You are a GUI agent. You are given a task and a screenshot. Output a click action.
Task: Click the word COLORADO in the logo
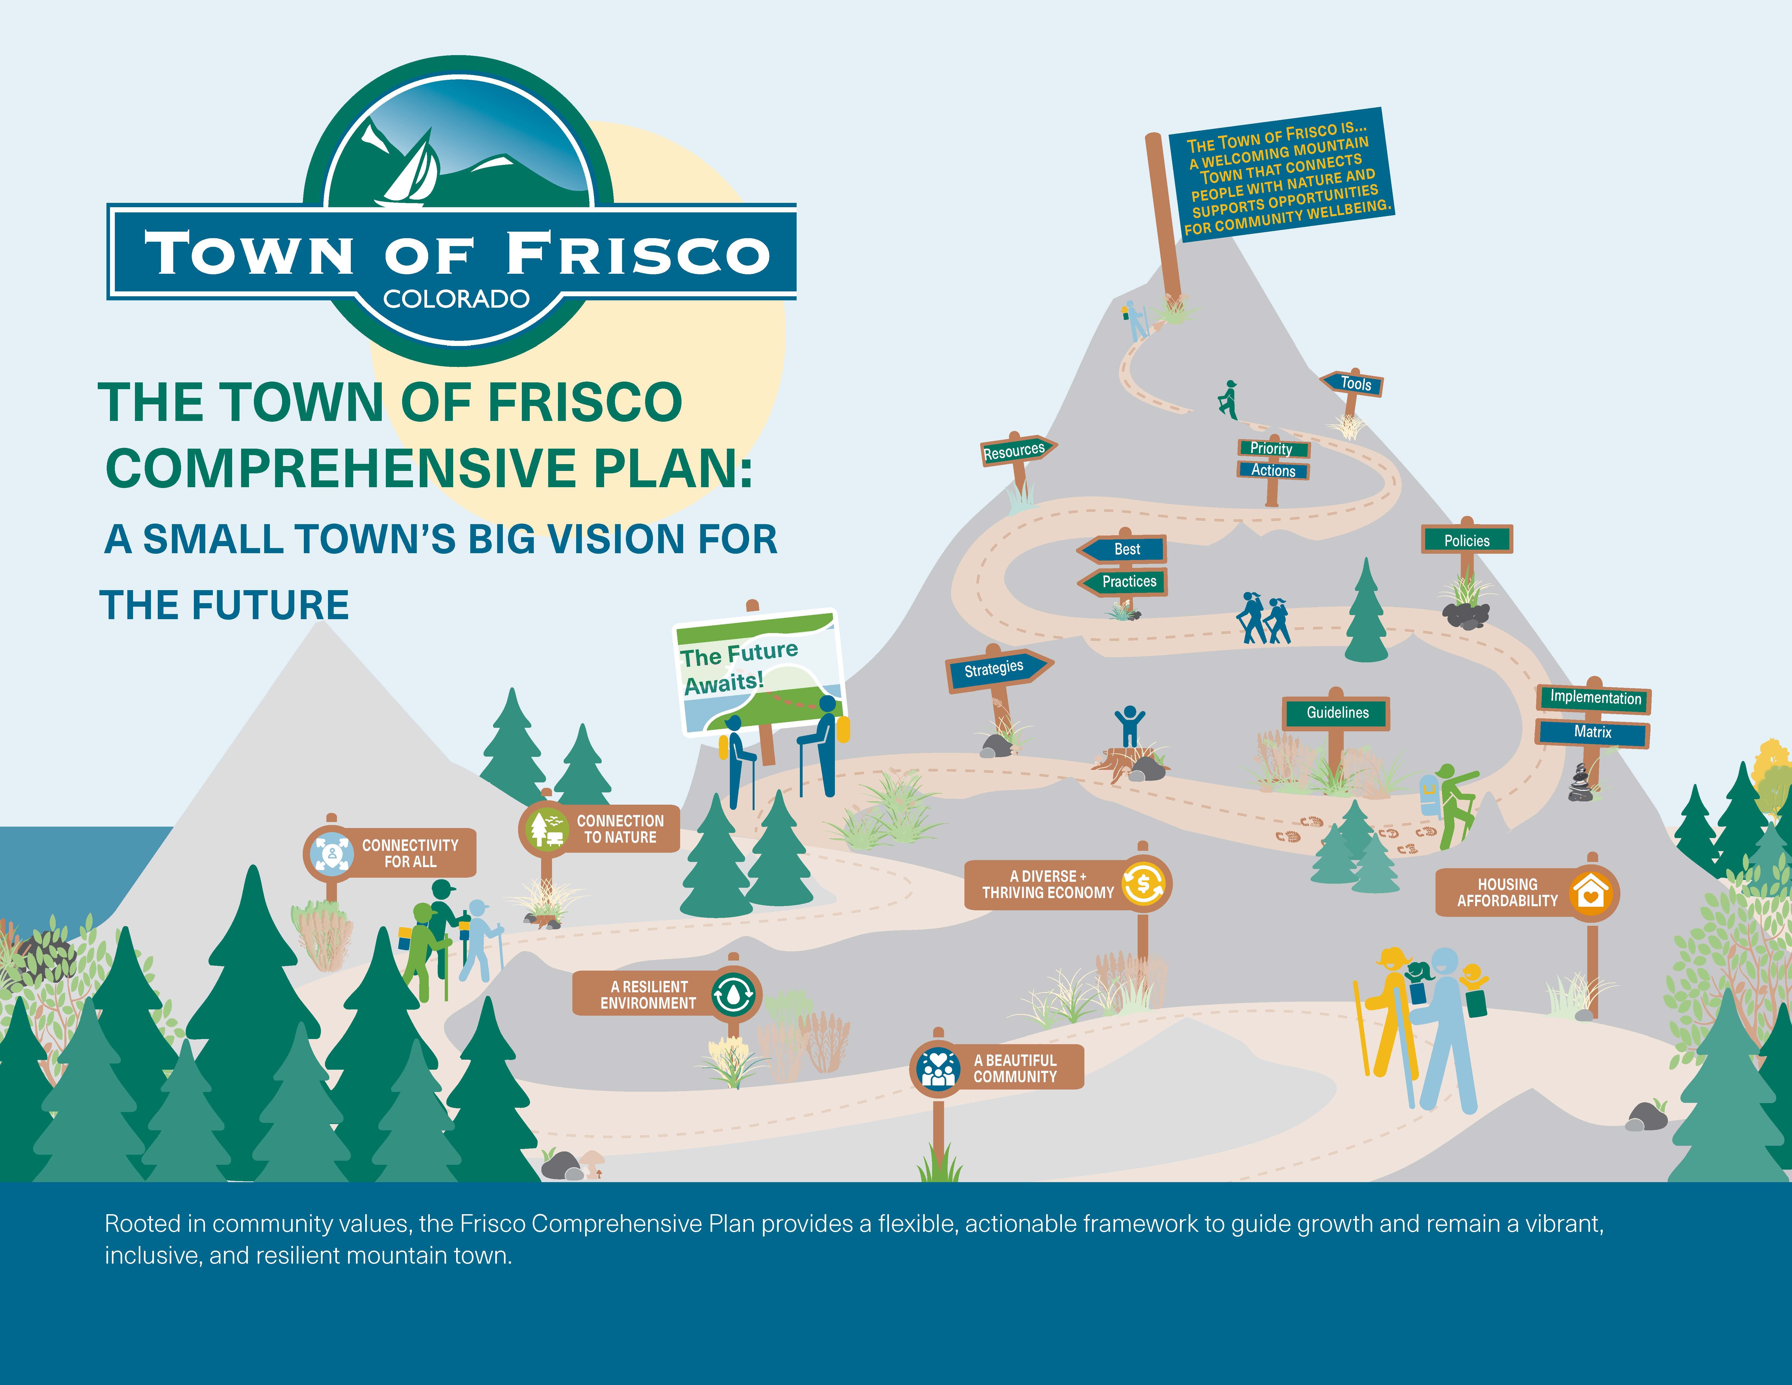[456, 299]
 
